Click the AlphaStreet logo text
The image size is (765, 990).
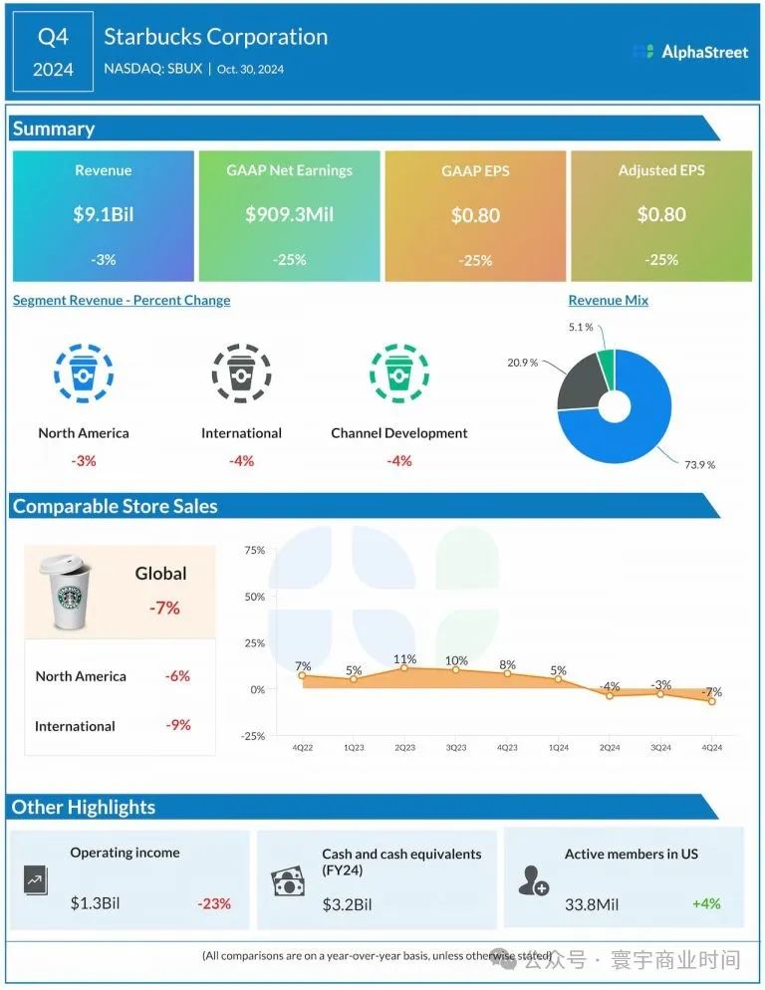[704, 52]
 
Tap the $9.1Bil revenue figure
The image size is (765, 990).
[104, 215]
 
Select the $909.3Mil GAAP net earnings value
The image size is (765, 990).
[289, 215]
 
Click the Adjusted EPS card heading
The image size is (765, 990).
[661, 170]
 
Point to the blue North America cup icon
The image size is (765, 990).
[84, 374]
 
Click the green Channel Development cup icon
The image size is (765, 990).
[399, 374]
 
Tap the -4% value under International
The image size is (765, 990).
[241, 461]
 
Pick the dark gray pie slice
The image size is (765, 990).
[578, 383]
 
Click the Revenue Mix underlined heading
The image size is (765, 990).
[608, 301]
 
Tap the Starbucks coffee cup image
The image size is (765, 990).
[66, 593]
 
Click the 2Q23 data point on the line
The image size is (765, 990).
[404, 668]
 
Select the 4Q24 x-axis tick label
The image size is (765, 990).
[711, 747]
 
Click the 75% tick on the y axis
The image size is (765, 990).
[254, 550]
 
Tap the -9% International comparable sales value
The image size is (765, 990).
[177, 725]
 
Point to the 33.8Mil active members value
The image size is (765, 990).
[592, 904]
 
